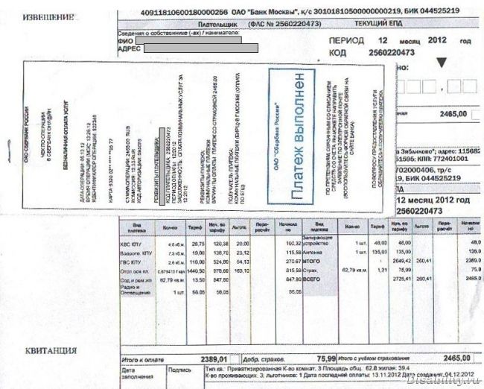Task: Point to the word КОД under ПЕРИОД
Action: click(x=337, y=54)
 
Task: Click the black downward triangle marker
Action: click(x=441, y=63)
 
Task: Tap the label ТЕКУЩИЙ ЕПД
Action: click(x=383, y=24)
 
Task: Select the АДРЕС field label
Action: click(x=131, y=48)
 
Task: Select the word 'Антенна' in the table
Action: click(x=313, y=252)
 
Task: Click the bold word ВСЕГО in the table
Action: click(x=313, y=278)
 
